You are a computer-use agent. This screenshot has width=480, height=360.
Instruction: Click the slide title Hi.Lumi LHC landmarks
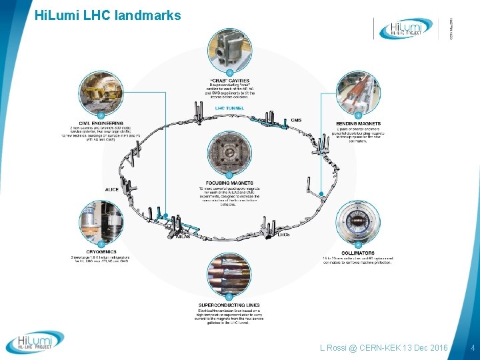(107, 14)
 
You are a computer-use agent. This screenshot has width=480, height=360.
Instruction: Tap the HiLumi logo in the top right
(406, 28)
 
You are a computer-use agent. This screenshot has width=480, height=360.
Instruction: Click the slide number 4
(471, 347)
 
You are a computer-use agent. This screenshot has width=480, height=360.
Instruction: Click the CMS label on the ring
(296, 120)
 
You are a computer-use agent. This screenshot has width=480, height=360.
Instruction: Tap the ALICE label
(111, 190)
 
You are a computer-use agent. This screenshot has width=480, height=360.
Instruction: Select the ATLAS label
(183, 236)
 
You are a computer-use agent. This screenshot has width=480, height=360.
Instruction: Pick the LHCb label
(283, 235)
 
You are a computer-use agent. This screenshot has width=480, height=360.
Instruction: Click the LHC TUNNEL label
(229, 107)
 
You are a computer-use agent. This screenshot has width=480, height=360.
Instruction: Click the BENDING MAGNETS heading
(359, 123)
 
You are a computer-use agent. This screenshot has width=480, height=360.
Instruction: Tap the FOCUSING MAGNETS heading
(229, 183)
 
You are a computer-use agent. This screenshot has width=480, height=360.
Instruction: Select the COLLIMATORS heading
(359, 252)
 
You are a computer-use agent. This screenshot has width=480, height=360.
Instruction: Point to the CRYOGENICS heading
(101, 252)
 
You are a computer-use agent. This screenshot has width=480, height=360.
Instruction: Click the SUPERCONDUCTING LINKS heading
(229, 305)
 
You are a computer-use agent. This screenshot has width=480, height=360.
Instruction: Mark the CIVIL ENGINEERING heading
(101, 123)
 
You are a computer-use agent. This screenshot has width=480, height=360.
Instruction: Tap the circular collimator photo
(359, 221)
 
